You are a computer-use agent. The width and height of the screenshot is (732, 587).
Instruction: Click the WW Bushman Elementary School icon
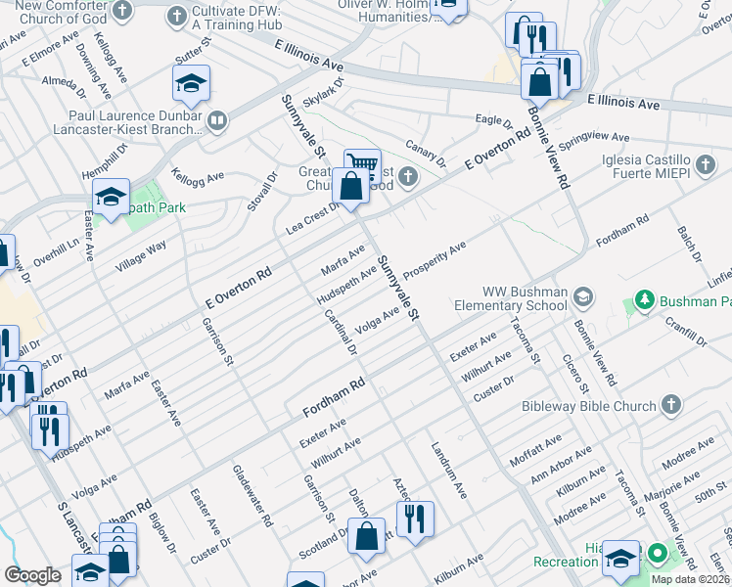[583, 295]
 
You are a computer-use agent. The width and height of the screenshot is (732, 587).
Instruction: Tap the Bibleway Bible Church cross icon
[670, 403]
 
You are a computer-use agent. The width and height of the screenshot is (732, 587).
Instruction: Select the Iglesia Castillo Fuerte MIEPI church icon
[705, 161]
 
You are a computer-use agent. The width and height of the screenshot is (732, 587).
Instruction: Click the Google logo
[32, 575]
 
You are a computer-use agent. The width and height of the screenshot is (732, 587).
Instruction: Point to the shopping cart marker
[362, 164]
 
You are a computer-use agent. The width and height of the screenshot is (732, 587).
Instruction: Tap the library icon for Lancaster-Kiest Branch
[216, 121]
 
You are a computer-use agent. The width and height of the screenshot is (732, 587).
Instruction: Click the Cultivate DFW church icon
[176, 15]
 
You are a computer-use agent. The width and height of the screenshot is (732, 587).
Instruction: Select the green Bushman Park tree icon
[644, 298]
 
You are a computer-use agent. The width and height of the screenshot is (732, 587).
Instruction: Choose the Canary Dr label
[426, 151]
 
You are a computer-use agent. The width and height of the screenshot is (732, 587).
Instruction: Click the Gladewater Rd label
[252, 495]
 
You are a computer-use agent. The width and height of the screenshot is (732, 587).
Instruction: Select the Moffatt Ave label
[535, 451]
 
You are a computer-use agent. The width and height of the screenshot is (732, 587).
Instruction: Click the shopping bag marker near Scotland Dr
[367, 536]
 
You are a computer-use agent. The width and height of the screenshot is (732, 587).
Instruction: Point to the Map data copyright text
[690, 579]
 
